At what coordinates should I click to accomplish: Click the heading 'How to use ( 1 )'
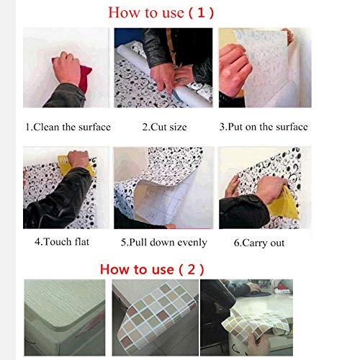171,12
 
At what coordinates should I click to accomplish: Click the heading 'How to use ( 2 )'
151,269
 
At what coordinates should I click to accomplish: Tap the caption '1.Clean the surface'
68,127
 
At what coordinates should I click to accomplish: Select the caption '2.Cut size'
163,127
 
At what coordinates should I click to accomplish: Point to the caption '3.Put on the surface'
263,127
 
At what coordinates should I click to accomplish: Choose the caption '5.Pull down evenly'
163,243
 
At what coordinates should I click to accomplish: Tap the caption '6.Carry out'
259,243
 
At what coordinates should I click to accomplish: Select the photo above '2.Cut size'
163,69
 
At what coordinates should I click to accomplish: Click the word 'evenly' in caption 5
190,243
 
